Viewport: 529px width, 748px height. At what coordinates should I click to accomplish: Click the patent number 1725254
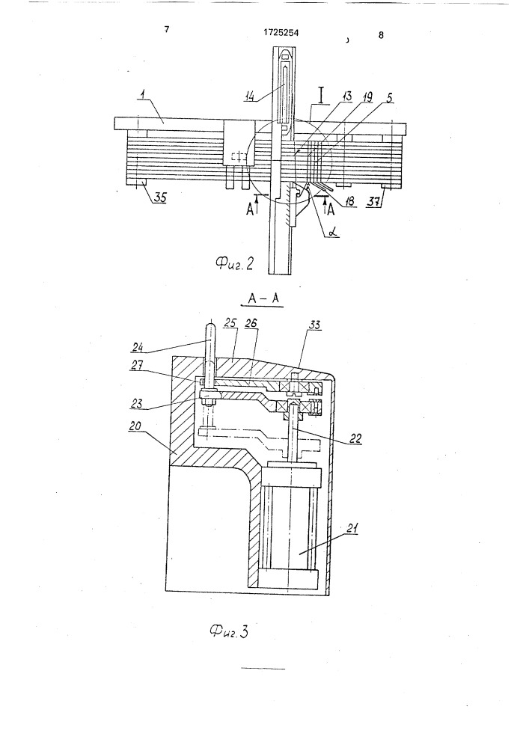point(281,33)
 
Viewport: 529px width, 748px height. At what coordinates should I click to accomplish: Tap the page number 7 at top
point(166,30)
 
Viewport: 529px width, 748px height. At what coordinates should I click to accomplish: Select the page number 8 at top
point(381,35)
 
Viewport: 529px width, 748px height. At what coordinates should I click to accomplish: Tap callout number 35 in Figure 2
point(160,197)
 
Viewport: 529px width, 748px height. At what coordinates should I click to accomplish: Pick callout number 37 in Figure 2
point(373,202)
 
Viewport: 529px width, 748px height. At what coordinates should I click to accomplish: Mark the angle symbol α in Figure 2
point(332,232)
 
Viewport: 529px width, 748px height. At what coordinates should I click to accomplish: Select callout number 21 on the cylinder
point(353,528)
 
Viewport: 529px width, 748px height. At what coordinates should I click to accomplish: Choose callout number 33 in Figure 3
point(315,325)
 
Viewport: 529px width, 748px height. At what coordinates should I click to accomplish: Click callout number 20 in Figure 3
point(135,426)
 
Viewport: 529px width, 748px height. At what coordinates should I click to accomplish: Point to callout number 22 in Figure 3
point(355,438)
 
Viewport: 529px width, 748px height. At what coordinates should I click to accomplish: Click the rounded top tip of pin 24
point(211,325)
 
